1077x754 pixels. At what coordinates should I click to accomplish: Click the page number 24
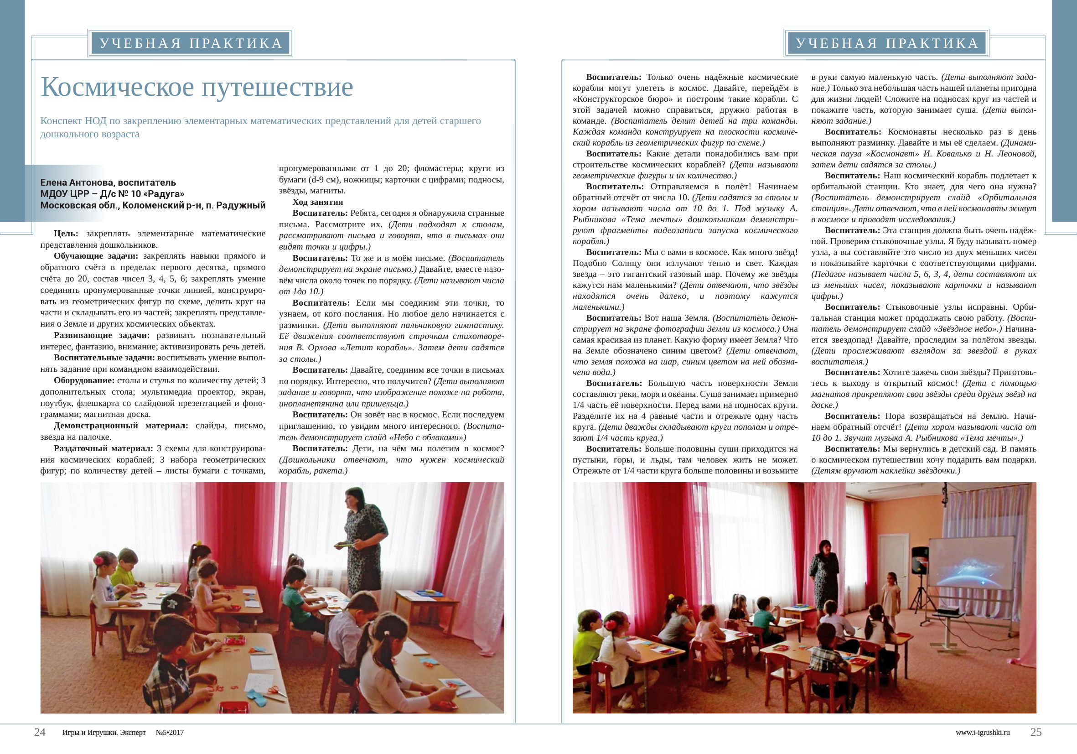(x=40, y=732)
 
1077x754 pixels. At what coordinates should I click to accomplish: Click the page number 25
(x=1036, y=732)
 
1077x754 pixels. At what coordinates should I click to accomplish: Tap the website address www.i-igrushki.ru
(x=982, y=733)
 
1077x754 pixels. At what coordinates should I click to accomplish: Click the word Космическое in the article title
(x=117, y=87)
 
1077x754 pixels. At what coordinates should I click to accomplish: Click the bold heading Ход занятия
(x=317, y=202)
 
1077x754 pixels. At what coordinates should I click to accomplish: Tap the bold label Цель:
(x=66, y=234)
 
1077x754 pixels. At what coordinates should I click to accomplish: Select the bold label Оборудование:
(x=84, y=380)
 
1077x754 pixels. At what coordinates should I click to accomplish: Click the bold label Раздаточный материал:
(x=103, y=448)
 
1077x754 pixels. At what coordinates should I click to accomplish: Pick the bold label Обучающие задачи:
(x=96, y=256)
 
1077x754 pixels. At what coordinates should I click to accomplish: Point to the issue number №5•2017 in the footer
(x=170, y=733)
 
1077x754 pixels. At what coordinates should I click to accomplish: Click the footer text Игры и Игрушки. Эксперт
(x=104, y=733)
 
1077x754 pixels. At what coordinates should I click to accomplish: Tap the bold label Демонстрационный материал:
(x=120, y=426)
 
